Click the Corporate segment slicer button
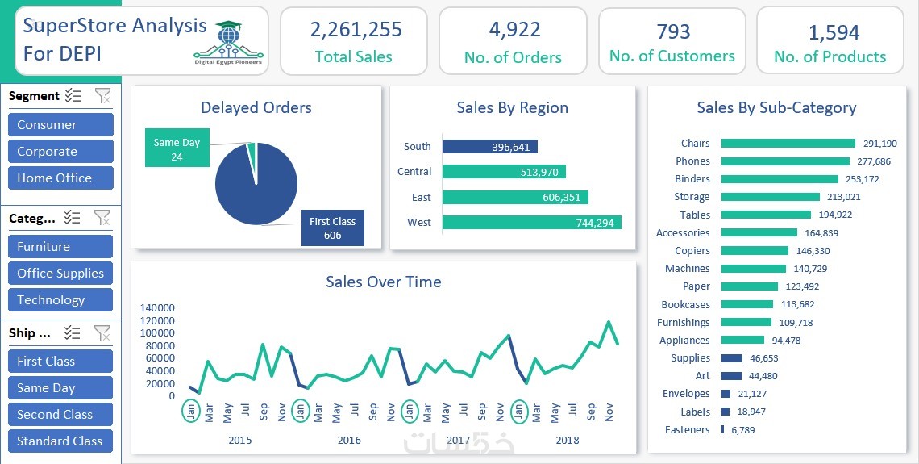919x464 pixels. [60, 152]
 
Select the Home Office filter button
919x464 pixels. [60, 178]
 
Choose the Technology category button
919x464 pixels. [60, 300]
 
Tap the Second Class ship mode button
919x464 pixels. [60, 415]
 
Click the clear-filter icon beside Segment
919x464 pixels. [102, 96]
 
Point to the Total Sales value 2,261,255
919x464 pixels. [356, 30]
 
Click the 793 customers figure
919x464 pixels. [673, 31]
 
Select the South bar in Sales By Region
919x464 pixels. [490, 147]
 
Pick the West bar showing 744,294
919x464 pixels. [532, 223]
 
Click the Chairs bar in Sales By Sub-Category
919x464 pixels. [788, 144]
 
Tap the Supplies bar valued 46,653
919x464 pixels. [732, 358]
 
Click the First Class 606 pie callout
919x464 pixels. [332, 228]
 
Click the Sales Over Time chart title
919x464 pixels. [383, 282]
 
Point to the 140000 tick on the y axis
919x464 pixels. [157, 307]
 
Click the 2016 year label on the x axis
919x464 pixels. [349, 441]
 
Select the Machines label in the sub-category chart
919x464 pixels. [687, 269]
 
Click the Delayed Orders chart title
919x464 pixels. [256, 107]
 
